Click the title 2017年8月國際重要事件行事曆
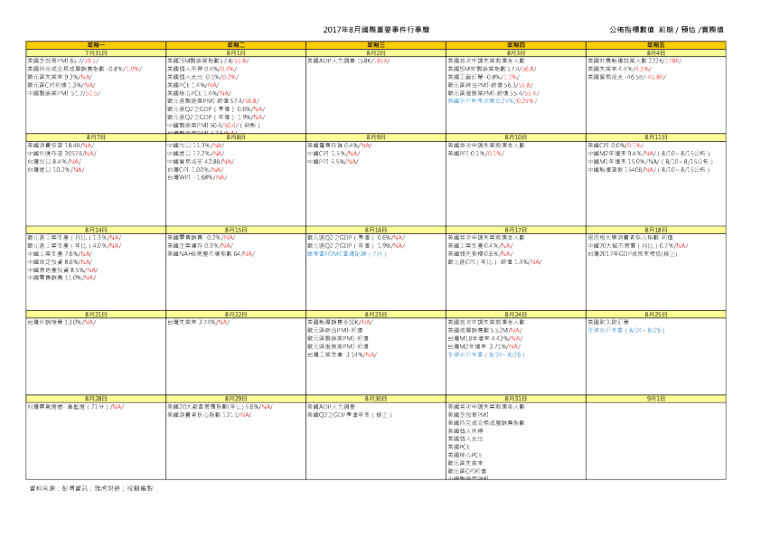(x=376, y=30)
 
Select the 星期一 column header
(x=97, y=43)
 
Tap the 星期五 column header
(x=655, y=43)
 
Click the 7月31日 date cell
(x=97, y=53)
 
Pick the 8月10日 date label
(x=516, y=137)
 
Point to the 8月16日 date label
(x=376, y=230)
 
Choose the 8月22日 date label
(x=236, y=313)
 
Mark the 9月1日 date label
(x=655, y=398)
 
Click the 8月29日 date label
(x=236, y=398)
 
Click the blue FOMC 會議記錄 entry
(x=346, y=254)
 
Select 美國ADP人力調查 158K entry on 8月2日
(x=348, y=61)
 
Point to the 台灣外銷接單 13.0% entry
(x=62, y=322)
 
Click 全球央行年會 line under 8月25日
(x=625, y=330)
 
